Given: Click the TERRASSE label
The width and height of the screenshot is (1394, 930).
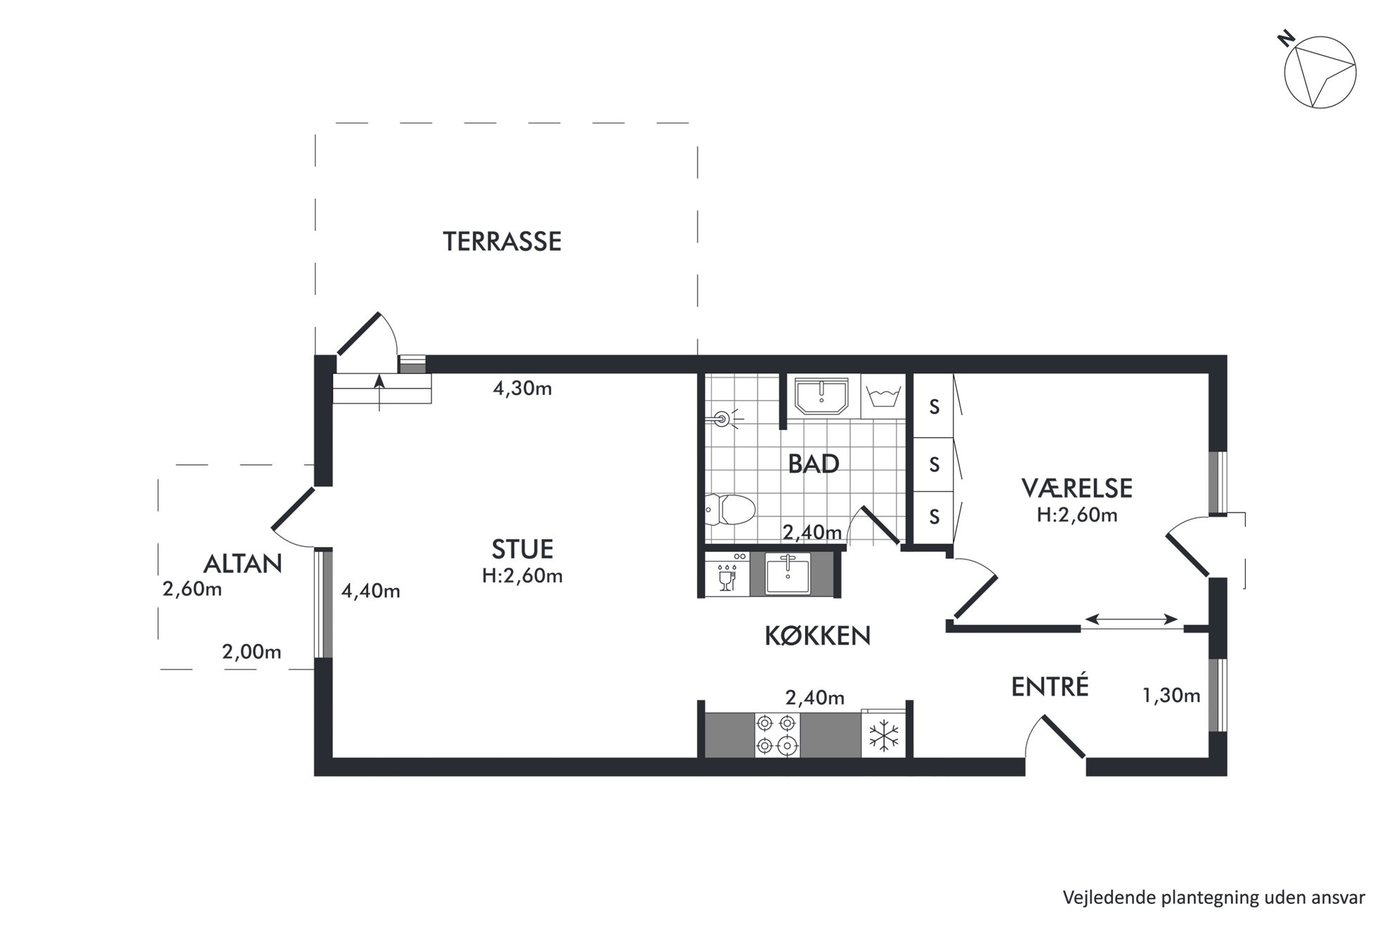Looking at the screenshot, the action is click(502, 242).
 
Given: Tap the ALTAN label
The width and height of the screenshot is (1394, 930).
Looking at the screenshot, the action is click(242, 564).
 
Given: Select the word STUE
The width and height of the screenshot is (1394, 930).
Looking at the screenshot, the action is click(522, 548).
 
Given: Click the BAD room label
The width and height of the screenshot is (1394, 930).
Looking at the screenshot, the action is click(814, 464).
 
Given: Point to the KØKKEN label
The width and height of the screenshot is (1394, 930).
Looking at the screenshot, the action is click(817, 636).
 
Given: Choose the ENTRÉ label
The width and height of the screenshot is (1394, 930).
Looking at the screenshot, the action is click(1050, 686).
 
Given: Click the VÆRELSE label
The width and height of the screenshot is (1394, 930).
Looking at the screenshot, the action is click(1076, 488).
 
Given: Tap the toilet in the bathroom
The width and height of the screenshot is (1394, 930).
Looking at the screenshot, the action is click(729, 509).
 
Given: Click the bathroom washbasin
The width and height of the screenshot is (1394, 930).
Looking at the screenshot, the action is click(821, 396).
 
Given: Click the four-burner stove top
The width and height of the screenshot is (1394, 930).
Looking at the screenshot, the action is click(776, 735).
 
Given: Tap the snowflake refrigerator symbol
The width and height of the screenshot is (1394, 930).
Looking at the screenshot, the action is click(884, 736).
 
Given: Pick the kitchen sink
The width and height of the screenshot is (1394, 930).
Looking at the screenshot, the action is click(788, 574).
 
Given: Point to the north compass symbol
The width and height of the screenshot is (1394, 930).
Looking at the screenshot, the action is click(1319, 72).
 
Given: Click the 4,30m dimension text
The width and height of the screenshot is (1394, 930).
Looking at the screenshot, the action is click(522, 389).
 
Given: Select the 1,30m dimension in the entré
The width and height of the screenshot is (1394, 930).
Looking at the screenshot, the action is click(1171, 696).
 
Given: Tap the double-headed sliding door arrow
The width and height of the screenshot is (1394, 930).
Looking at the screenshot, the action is click(1131, 619).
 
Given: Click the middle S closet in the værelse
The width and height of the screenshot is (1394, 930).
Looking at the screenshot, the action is click(934, 465).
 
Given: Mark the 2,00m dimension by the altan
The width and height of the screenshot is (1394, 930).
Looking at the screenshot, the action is click(252, 652).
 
